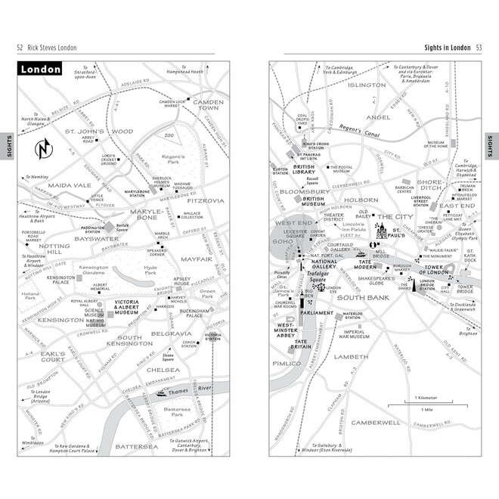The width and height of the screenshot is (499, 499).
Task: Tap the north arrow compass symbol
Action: point(45,147)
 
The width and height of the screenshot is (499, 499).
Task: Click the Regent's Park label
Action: point(175,162)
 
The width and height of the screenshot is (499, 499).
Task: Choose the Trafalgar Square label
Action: point(324,281)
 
